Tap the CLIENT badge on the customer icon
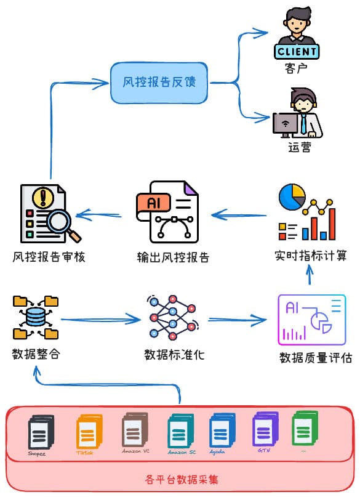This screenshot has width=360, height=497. [297, 51]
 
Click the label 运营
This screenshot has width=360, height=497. [299, 147]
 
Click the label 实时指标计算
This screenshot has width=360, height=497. [311, 255]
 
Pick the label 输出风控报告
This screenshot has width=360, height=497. [173, 257]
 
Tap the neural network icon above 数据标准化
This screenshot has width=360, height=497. [172, 318]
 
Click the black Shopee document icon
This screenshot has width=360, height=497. [41, 433]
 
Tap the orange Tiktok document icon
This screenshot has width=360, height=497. [86, 433]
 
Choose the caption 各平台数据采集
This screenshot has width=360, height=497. [182, 479]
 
